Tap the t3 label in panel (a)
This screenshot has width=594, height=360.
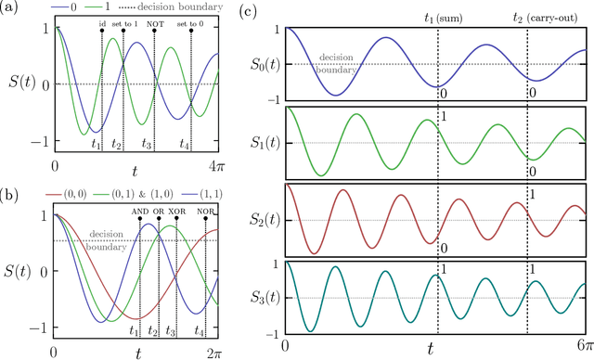pyautogui.click(x=147, y=144)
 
